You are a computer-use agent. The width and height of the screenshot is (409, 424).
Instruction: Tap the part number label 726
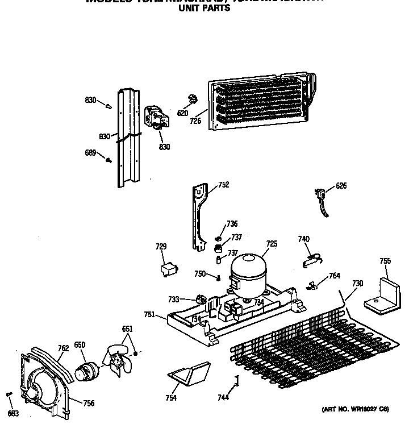[x=195, y=121]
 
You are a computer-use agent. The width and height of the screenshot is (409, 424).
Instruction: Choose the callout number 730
[x=357, y=283]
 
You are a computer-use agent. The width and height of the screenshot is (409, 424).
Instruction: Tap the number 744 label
[x=223, y=397]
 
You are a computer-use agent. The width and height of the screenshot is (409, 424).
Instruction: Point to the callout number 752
[x=224, y=185]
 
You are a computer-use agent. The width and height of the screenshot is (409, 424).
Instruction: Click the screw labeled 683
[x=8, y=394]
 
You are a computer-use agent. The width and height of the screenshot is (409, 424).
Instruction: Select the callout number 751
[x=149, y=314]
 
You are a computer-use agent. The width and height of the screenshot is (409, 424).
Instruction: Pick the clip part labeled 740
[x=310, y=259]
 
